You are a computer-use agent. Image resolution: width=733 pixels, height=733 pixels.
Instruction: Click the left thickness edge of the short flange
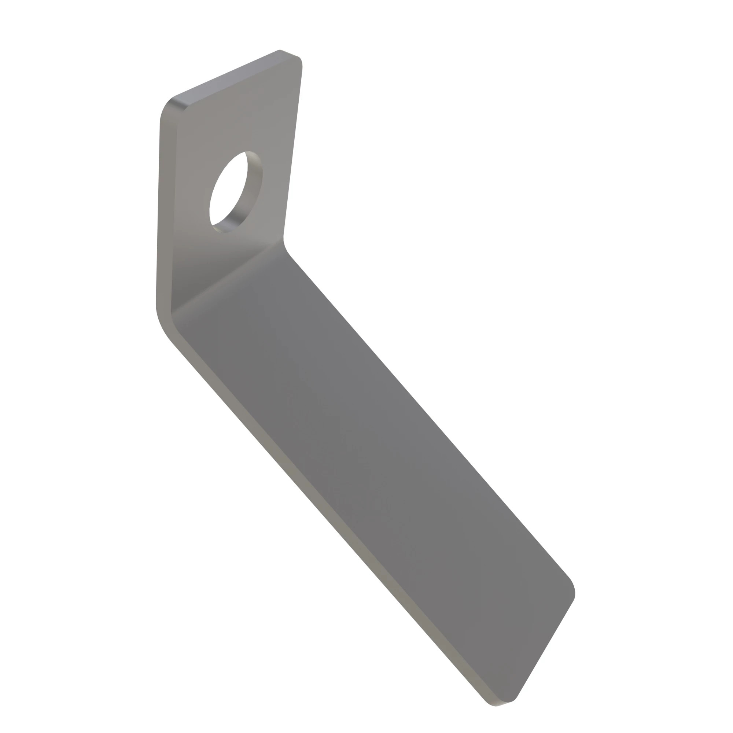coord(166,213)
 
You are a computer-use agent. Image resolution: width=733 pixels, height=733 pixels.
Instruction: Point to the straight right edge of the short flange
coord(293,152)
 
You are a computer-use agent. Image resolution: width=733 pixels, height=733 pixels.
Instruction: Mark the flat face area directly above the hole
coord(243,121)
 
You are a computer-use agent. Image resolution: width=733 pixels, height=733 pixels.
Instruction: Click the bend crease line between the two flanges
coord(228,277)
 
